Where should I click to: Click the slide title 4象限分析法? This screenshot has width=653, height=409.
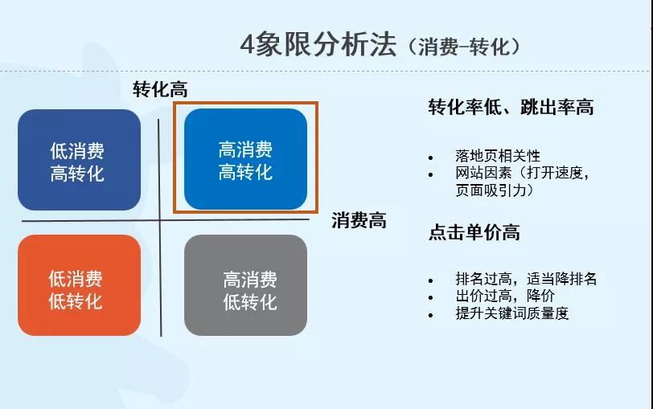pyautogui.click(x=318, y=45)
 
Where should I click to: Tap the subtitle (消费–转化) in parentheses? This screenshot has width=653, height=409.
pyautogui.click(x=464, y=47)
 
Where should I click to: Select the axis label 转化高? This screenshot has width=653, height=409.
pyautogui.click(x=160, y=90)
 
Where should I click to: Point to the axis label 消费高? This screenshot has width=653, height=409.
pyautogui.click(x=359, y=221)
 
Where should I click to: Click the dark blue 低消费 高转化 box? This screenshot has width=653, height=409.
pyautogui.click(x=79, y=160)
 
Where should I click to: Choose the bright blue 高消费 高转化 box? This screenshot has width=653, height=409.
pyautogui.click(x=245, y=159)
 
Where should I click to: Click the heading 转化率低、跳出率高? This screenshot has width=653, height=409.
pyautogui.click(x=511, y=108)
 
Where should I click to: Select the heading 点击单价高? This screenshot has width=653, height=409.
pyautogui.click(x=474, y=233)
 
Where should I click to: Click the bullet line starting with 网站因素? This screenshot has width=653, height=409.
pyautogui.click(x=523, y=174)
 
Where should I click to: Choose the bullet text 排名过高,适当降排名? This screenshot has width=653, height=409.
pyautogui.click(x=526, y=280)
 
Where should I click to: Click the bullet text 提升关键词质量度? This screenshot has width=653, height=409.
pyautogui.click(x=511, y=313)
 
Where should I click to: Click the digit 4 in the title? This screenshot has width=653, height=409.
pyautogui.click(x=248, y=45)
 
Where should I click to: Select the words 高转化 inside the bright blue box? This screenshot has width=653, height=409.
pyautogui.click(x=245, y=172)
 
